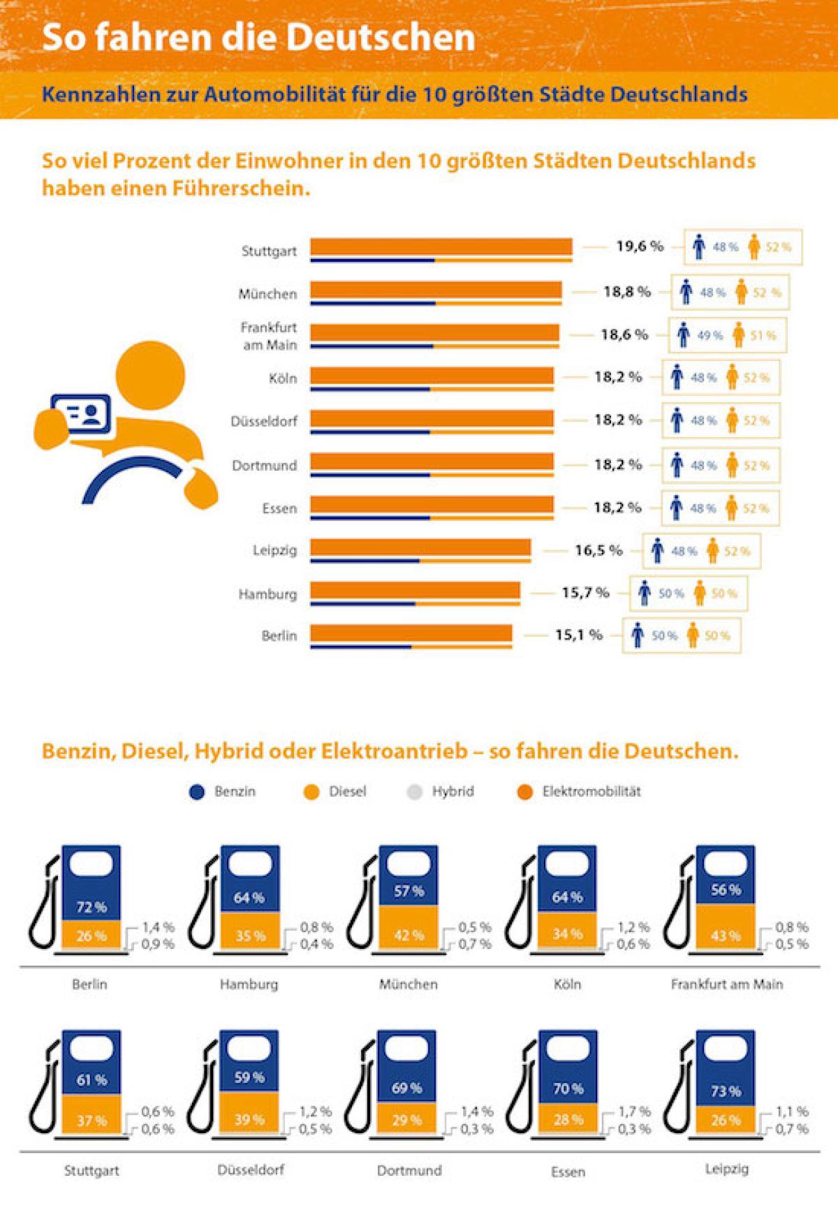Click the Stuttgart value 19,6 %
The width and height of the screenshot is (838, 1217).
coord(639,246)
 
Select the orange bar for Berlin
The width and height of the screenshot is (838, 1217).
coord(411,633)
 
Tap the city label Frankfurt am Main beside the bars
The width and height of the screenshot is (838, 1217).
coord(269,336)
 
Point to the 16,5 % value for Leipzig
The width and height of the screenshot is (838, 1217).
coord(598,550)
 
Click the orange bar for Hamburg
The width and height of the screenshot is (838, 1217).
coord(415,591)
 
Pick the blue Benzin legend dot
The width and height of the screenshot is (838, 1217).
coord(197,792)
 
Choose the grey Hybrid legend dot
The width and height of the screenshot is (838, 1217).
coord(414,792)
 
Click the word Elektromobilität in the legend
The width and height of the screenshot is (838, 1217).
coord(591,792)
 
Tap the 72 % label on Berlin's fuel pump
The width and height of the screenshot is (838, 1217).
coord(91,907)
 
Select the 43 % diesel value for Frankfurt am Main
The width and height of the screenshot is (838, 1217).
coord(726,936)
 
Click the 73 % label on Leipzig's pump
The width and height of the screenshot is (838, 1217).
coord(726,1091)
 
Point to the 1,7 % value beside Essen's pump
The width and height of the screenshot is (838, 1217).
coord(634,1111)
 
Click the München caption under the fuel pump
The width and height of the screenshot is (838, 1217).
coord(409,984)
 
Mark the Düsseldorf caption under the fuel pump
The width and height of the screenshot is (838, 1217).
coord(251,1170)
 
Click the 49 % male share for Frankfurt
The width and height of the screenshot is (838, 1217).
coord(710,336)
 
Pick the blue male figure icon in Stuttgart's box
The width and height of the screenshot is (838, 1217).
coord(698,247)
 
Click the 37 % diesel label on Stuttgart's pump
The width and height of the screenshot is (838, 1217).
coord(91,1121)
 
